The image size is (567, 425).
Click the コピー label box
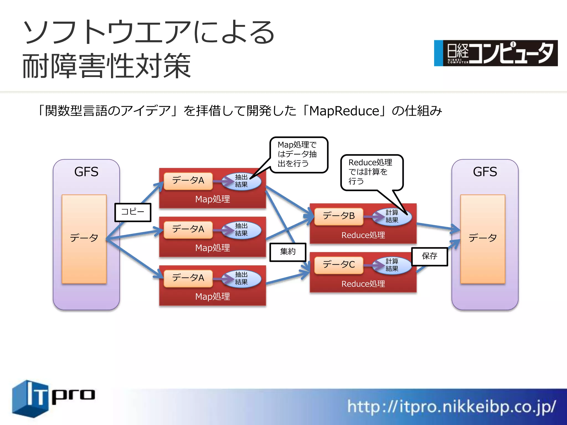tap(133, 212)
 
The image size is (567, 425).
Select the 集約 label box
tap(288, 252)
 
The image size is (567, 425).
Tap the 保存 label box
tap(429, 256)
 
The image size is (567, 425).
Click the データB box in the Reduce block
tap(339, 216)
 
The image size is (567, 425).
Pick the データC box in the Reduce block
tap(339, 265)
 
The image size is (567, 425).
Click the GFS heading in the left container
tap(86, 172)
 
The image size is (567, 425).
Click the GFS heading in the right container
tap(485, 172)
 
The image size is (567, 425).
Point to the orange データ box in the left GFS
tap(84, 239)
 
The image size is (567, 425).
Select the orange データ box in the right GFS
tap(483, 239)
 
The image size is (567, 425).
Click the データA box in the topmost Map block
tap(188, 181)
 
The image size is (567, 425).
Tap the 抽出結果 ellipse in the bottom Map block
tap(242, 278)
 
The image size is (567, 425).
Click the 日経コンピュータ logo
tap(496, 53)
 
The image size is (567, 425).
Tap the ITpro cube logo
tap(30, 398)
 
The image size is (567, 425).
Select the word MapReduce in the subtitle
tap(344, 111)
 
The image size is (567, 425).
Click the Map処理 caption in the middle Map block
tap(212, 248)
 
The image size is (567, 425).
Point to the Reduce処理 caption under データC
tap(363, 284)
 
